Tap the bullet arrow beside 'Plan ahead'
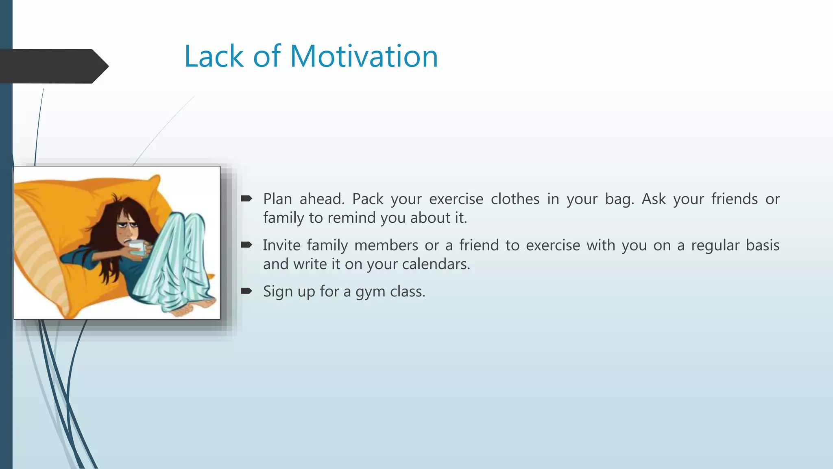(246, 199)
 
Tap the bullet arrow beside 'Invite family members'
(246, 245)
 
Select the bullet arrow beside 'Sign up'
(246, 291)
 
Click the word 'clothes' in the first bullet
(515, 199)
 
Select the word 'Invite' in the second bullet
(281, 245)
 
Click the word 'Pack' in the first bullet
(368, 199)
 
